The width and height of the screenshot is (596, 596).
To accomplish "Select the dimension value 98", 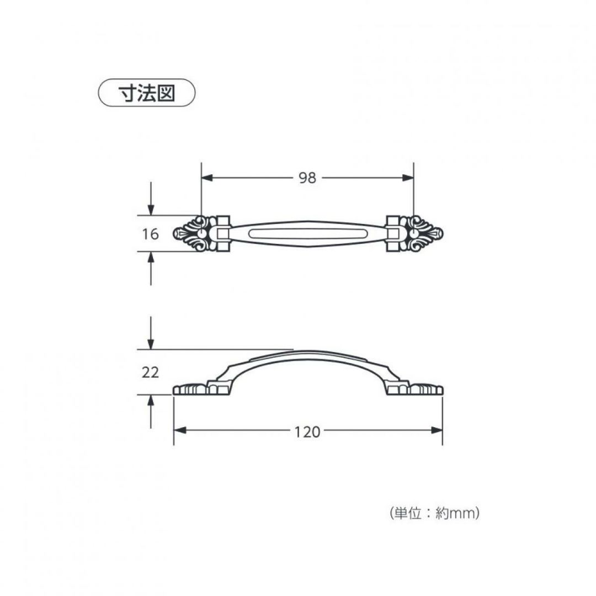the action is [307, 178].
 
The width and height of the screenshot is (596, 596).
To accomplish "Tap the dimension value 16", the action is [150, 234].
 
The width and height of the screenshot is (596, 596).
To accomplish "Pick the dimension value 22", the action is [150, 372].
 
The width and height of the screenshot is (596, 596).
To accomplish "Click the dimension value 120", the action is [307, 432].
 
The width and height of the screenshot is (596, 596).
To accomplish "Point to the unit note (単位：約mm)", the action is [434, 514].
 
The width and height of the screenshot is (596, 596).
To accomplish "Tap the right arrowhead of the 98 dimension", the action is [408, 178].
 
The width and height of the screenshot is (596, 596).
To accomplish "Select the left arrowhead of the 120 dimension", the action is [179, 430].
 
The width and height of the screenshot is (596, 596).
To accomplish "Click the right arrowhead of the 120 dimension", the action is [437, 430].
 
